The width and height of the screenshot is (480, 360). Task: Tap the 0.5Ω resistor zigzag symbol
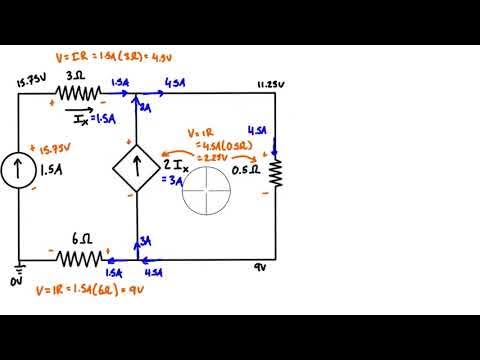pos(273,174)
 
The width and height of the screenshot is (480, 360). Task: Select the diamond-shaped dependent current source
pos(135,167)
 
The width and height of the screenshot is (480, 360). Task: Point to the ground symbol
pos(17,269)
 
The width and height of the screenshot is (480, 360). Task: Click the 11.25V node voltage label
pos(271,85)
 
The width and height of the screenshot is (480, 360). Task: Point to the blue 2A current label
pos(144,107)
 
